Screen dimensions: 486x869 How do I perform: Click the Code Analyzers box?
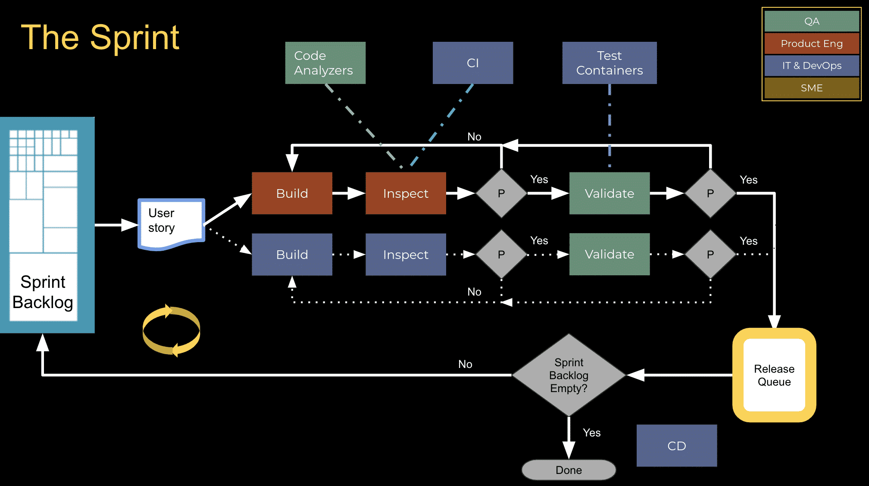click(x=325, y=63)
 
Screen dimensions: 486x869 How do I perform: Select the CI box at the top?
click(x=472, y=63)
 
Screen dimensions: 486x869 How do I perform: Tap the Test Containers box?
click(x=609, y=63)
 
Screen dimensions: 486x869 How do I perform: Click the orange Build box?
click(x=292, y=193)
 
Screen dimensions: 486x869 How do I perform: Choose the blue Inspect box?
click(x=405, y=255)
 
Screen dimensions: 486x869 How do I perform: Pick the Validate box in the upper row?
click(x=609, y=193)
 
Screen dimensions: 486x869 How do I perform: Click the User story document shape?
click(x=171, y=222)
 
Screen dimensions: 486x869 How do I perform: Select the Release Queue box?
click(x=774, y=375)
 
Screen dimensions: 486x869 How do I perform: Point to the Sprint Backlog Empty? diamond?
click(x=569, y=375)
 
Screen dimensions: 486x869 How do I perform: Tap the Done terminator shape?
click(x=569, y=470)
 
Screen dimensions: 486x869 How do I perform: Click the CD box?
click(x=676, y=446)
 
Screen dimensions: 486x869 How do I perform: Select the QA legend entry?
click(x=812, y=21)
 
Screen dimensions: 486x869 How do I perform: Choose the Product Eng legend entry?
click(x=812, y=44)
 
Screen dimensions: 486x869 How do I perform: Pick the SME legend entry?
click(x=812, y=88)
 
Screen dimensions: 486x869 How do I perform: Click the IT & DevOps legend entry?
click(x=812, y=65)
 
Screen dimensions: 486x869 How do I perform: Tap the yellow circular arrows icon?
click(x=171, y=330)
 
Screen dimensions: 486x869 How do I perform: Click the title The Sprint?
click(x=100, y=37)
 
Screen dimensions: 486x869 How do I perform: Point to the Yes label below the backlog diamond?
click(x=591, y=433)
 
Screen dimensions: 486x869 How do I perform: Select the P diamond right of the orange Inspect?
click(x=501, y=193)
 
